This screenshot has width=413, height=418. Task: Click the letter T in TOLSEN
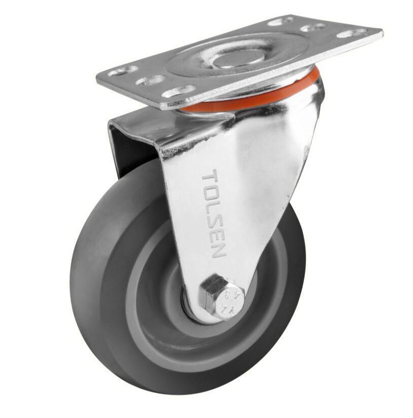(209, 180)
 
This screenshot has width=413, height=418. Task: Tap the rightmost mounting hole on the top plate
(352, 33)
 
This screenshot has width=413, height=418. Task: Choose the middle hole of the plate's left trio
(151, 81)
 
